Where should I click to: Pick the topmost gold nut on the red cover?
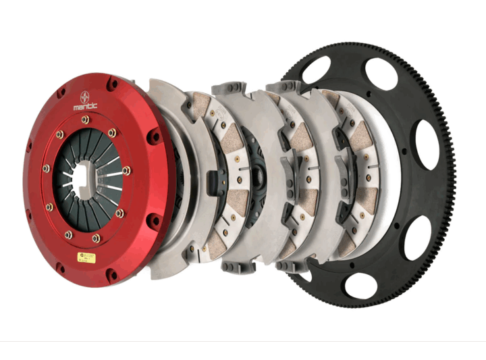tap(85, 120)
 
